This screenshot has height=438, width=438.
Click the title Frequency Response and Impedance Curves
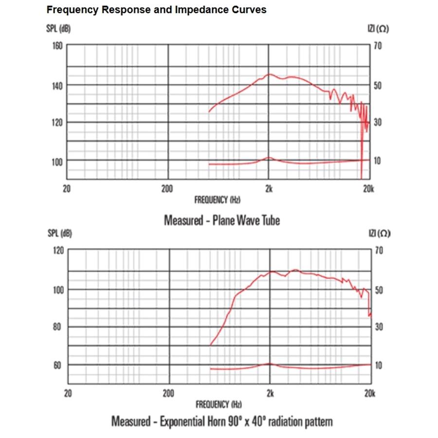pos(156,10)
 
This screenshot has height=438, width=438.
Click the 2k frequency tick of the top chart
pos(269,189)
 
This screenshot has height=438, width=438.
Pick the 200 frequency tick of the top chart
pos(167,189)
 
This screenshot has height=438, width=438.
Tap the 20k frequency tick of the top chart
pos(368,189)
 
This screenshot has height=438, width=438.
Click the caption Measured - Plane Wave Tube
pos(222,220)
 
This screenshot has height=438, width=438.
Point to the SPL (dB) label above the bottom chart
pos(59,234)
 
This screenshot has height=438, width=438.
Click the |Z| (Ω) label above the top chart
pos(378,29)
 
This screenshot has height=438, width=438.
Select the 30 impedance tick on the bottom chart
pos(378,327)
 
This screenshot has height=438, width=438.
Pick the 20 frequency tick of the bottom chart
pos(68,393)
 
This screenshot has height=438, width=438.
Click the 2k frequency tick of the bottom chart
pos(270,393)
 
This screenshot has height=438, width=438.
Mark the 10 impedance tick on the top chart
pos(378,161)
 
